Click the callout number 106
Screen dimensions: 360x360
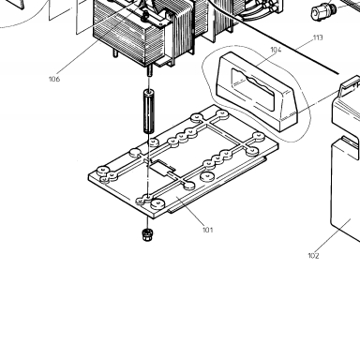(54, 79)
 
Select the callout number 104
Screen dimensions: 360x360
(276, 50)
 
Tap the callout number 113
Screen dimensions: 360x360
(318, 37)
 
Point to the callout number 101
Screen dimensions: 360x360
(208, 230)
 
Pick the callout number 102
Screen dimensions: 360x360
(313, 256)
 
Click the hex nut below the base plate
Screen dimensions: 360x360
(147, 234)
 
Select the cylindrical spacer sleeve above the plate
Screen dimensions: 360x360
(149, 112)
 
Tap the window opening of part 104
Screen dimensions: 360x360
(252, 89)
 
